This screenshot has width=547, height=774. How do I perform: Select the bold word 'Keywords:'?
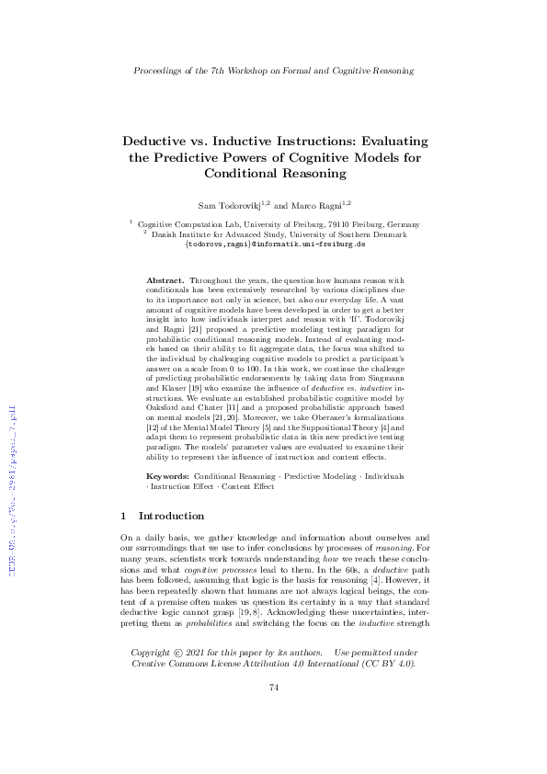click(x=169, y=477)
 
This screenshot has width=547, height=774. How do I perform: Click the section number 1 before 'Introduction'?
click(x=124, y=517)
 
